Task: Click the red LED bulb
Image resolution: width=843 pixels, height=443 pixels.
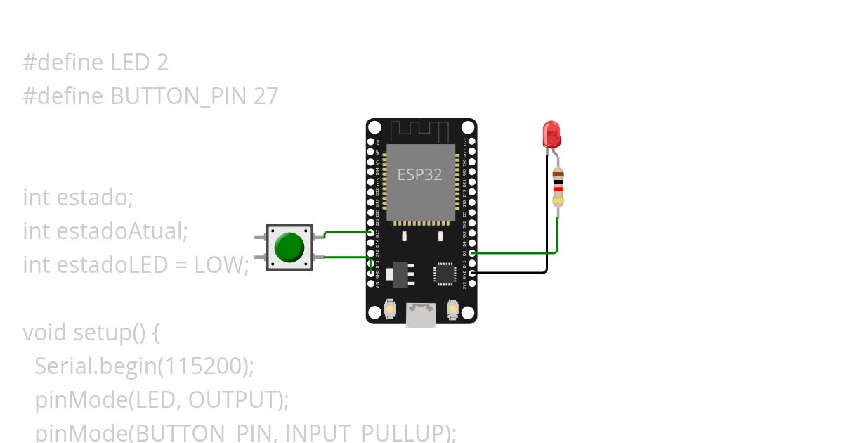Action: click(551, 133)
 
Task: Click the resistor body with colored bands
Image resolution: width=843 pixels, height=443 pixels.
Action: click(558, 187)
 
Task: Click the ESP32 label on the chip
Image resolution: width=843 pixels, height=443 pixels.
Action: click(420, 174)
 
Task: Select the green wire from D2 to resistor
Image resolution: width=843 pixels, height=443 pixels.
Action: click(520, 252)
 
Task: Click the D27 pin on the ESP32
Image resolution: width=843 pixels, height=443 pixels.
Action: click(371, 233)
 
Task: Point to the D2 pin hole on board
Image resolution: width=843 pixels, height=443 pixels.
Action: click(472, 252)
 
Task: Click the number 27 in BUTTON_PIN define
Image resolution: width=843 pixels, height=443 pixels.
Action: click(266, 96)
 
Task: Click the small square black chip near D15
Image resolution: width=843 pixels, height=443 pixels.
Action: click(445, 274)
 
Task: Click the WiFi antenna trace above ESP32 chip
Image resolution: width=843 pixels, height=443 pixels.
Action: click(420, 130)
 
